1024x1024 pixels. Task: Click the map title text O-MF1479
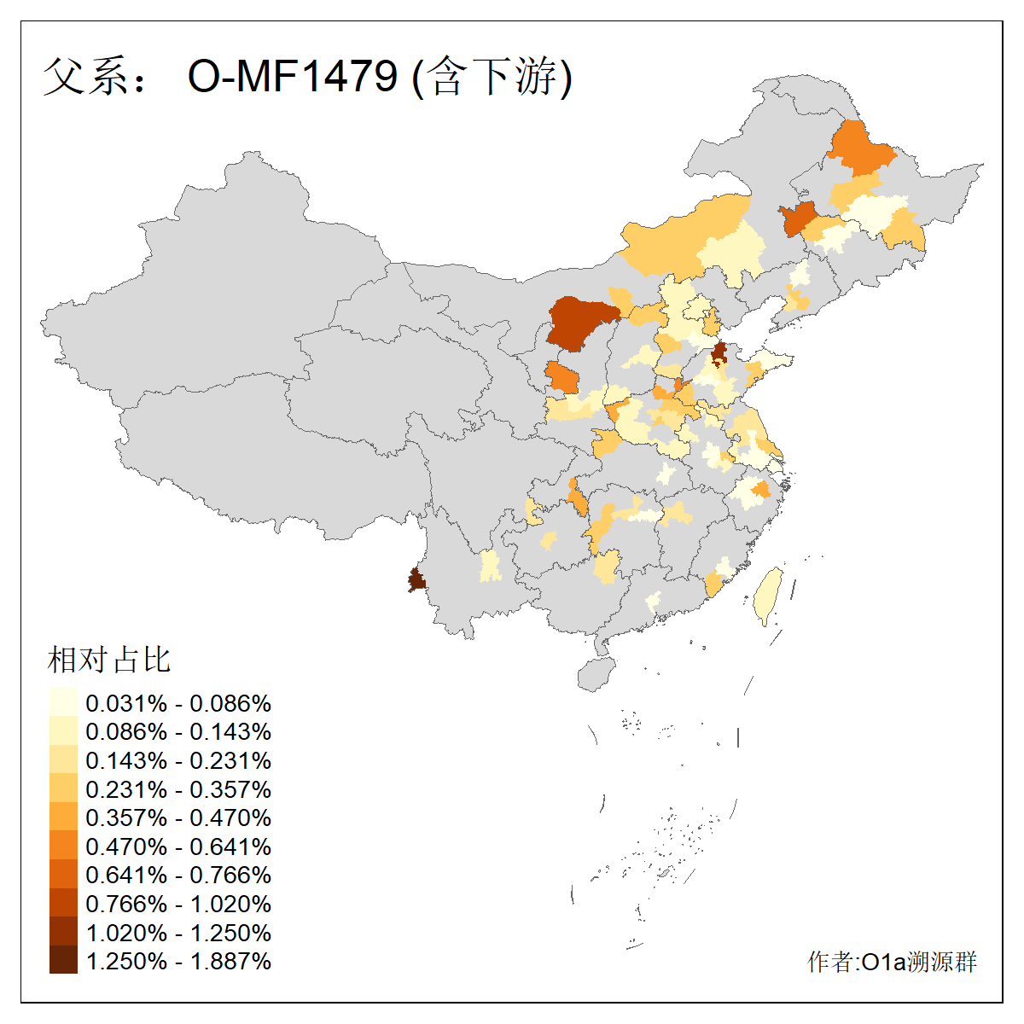click(292, 77)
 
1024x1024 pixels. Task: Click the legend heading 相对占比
click(109, 660)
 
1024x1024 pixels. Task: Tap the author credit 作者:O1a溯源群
click(892, 962)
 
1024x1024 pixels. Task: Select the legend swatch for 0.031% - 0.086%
click(63, 702)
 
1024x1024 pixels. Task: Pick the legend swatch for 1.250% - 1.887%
click(63, 960)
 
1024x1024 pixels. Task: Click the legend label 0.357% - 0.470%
click(178, 817)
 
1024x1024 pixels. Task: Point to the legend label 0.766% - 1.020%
click(178, 904)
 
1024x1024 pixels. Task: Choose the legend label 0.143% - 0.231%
click(178, 760)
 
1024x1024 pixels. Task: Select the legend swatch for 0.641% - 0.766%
click(63, 875)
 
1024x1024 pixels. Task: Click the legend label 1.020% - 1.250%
click(178, 933)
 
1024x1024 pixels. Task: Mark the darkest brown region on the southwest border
click(416, 581)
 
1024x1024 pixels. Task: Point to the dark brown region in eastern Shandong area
click(719, 352)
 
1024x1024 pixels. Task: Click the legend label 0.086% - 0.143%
click(178, 731)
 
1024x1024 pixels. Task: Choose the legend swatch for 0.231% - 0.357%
click(63, 788)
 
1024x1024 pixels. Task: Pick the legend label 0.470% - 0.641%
click(178, 847)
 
